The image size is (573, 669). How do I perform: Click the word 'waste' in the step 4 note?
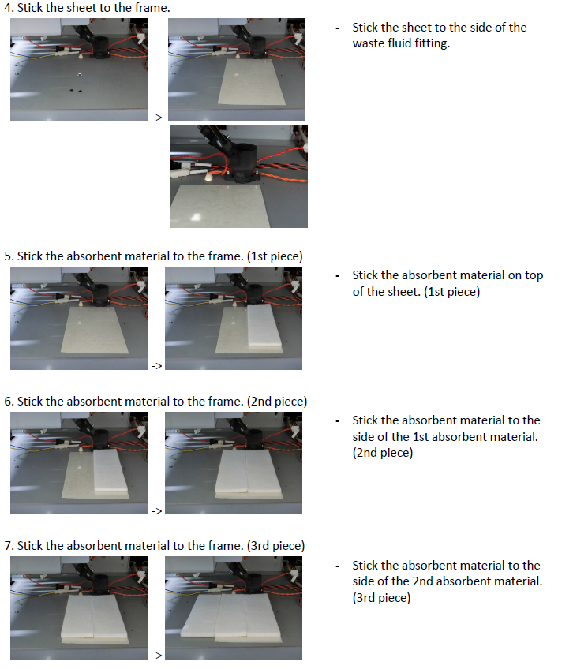click(368, 43)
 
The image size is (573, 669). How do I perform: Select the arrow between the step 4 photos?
click(157, 118)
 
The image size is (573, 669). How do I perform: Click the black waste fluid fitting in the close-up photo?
click(242, 163)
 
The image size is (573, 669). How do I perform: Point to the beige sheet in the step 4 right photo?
click(252, 81)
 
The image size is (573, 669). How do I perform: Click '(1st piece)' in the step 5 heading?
click(275, 256)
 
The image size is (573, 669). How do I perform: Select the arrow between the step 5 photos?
click(157, 365)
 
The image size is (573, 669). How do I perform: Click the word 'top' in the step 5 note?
click(534, 276)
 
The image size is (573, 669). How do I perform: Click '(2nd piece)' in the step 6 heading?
click(277, 402)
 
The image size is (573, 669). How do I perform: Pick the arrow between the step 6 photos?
click(157, 510)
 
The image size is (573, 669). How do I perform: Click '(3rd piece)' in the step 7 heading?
click(275, 546)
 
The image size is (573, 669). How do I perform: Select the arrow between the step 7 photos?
click(157, 655)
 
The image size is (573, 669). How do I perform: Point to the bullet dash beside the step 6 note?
click(338, 421)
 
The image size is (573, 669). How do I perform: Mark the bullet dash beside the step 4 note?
click(338, 28)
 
